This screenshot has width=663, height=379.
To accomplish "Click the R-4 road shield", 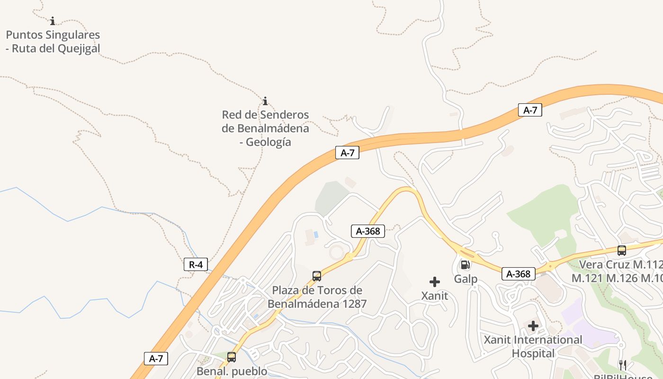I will [196, 264].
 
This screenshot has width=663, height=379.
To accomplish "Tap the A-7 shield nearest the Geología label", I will [347, 153].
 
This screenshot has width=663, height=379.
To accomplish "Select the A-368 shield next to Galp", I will [518, 274].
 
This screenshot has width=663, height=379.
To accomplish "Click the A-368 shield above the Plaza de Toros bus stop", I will [368, 231].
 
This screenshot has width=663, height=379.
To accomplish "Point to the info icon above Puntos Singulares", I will [53, 21].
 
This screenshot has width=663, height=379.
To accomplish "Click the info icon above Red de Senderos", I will [265, 101].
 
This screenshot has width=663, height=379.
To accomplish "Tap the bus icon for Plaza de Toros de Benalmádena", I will [317, 276].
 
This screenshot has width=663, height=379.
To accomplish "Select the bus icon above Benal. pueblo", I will [232, 357].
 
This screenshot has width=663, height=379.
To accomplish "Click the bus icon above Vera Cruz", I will [622, 250].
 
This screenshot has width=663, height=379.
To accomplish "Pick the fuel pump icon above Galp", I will [465, 265].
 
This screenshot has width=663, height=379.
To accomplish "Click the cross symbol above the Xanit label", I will [434, 282].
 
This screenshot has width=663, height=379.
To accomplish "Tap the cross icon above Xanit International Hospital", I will [533, 326].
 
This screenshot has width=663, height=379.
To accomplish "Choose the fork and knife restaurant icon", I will [623, 364].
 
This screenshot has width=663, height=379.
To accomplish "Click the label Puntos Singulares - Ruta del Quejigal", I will [53, 42].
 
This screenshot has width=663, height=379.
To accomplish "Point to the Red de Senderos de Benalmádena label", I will [265, 128].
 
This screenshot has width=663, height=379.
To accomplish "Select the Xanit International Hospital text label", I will [533, 347].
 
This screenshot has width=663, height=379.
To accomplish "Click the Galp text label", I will [466, 279].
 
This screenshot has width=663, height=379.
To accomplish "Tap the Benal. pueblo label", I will [232, 371].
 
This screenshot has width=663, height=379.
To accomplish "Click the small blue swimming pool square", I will [316, 234].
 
